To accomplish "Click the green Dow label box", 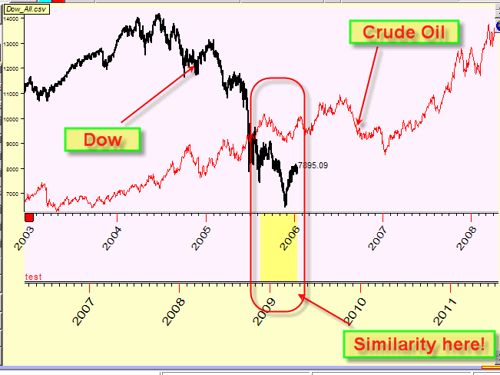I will (104, 139).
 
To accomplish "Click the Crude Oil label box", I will (405, 32).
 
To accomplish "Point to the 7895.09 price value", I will (315, 164).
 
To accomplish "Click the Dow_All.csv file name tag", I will (22, 8).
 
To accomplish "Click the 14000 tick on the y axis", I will (12, 18).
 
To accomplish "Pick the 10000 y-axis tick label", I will (12, 118).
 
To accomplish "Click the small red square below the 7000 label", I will (30, 217).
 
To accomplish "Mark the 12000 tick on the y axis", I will (12, 68).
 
